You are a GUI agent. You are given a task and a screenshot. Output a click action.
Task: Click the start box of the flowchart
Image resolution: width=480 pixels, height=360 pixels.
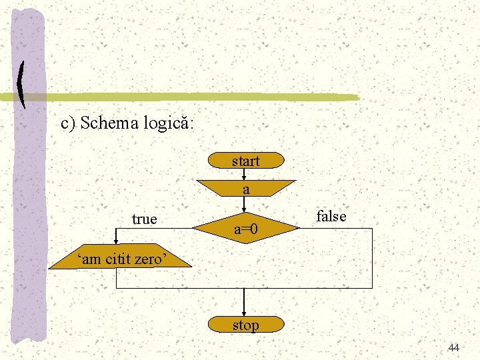click(x=246, y=161)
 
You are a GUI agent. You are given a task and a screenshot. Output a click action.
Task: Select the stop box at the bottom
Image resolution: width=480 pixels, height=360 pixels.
click(x=245, y=325)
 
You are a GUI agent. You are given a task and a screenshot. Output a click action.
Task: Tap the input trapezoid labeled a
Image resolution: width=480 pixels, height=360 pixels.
click(x=246, y=189)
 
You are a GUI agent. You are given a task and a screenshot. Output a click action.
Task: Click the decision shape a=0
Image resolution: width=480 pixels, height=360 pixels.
click(x=246, y=229)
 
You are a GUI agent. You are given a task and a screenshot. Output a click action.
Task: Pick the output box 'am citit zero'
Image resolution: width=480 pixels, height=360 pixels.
click(x=120, y=259)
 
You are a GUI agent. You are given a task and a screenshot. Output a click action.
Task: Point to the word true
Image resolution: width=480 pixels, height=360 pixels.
click(x=145, y=219)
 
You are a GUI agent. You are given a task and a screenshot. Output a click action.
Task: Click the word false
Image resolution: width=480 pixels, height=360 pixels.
click(x=331, y=216)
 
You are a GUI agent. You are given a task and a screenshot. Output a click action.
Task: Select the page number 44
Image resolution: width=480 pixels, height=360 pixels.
click(x=454, y=348)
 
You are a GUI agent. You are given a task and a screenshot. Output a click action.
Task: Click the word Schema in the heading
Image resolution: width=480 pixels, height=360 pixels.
click(x=109, y=123)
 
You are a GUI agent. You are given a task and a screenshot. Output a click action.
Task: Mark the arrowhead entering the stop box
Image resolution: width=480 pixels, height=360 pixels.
click(x=245, y=314)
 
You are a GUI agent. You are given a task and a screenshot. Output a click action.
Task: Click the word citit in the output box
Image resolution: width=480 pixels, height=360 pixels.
click(x=117, y=259)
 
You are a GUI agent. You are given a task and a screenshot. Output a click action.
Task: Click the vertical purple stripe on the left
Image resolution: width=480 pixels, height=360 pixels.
click(x=29, y=200)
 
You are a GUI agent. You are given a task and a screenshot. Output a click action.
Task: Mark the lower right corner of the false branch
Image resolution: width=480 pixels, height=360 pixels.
click(x=371, y=287)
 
